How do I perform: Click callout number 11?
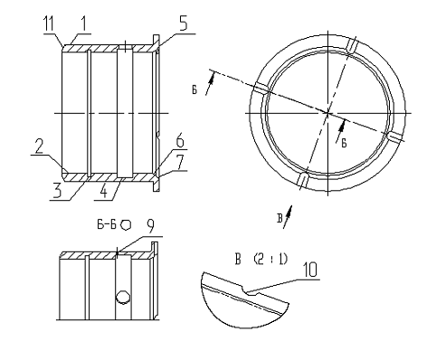pos(49,24)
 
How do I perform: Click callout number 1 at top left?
pos(83,24)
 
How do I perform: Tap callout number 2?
pos(40,147)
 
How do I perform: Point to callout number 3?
pos(57,191)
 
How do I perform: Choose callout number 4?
pos(103,191)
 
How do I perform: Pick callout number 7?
pos(180,162)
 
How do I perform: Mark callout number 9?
pos(150,226)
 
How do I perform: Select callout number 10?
pos(310,270)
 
